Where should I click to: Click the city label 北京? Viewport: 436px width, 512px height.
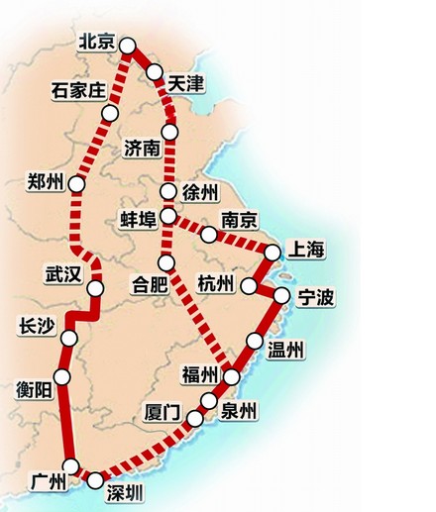[97, 42]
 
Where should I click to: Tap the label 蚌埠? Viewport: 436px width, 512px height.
[138, 218]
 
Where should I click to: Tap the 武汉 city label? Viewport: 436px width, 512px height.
[62, 274]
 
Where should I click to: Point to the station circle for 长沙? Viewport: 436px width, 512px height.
[68, 339]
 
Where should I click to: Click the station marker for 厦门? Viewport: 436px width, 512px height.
[193, 420]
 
